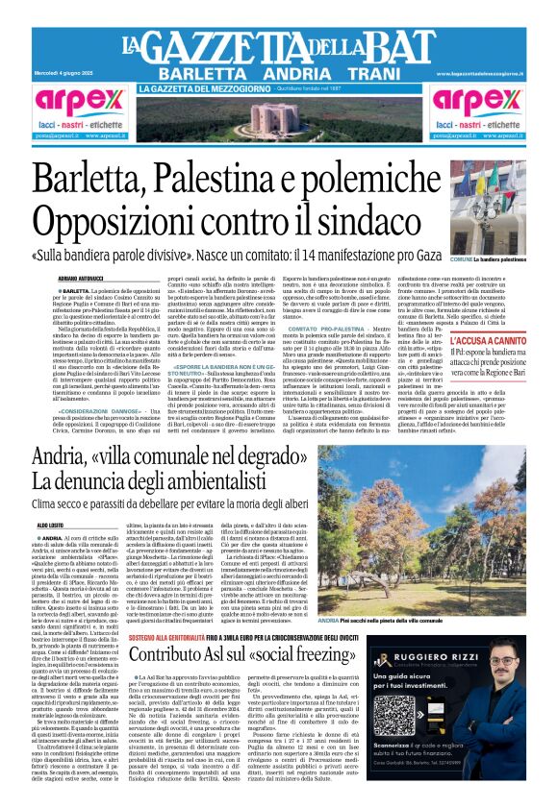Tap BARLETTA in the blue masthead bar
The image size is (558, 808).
[x=199, y=73]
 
